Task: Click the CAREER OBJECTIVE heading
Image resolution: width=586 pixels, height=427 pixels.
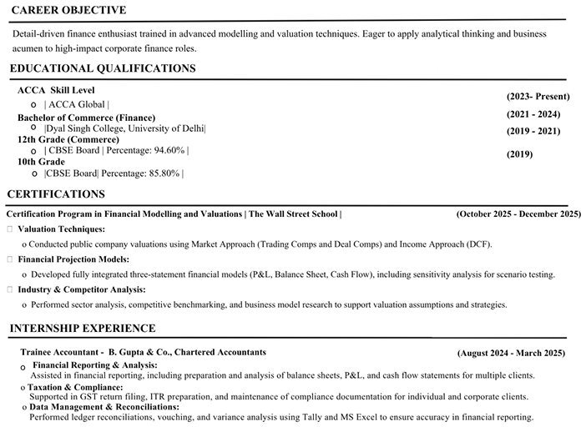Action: click(x=68, y=10)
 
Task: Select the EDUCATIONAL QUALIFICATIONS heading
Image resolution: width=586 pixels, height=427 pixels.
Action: click(x=103, y=68)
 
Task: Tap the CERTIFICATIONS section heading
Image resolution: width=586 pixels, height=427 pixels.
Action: click(x=56, y=194)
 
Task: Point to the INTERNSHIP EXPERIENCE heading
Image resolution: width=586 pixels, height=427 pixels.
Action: click(x=82, y=329)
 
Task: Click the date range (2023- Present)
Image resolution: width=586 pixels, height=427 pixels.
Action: click(x=533, y=97)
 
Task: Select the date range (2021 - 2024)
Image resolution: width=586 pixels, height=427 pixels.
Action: click(x=533, y=114)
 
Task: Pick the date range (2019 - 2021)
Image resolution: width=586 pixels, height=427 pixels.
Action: click(x=533, y=131)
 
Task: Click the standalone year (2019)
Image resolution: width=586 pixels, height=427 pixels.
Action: click(x=519, y=154)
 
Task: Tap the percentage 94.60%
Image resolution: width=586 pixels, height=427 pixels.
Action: click(x=169, y=150)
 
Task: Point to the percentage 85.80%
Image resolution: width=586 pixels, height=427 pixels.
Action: click(x=163, y=173)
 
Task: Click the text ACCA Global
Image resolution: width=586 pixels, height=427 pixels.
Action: click(x=77, y=104)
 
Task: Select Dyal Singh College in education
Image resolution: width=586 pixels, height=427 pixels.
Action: click(x=87, y=128)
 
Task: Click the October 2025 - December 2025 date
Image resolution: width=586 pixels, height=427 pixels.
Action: click(x=518, y=214)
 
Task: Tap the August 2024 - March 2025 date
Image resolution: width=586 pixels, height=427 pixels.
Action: click(x=511, y=353)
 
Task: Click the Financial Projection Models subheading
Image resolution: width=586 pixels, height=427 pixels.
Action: click(x=73, y=259)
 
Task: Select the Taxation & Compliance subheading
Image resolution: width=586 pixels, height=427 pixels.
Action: click(x=75, y=387)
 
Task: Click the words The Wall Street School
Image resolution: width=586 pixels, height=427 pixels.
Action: click(x=293, y=214)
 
